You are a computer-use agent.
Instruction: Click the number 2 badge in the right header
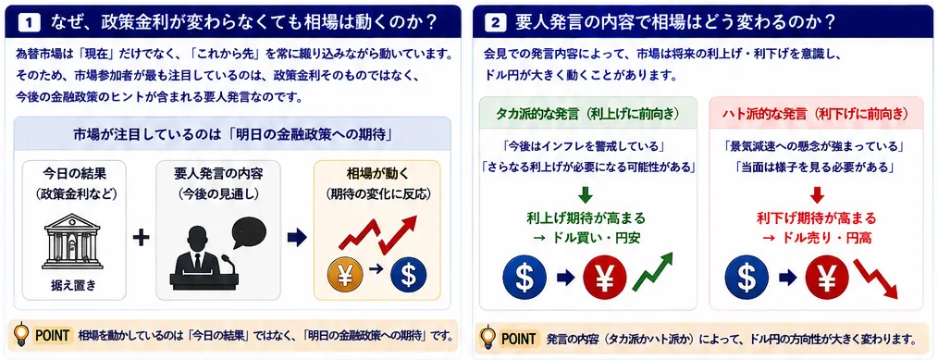point(495,23)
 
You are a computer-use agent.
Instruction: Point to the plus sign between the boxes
point(141,238)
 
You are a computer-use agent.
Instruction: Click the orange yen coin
point(344,275)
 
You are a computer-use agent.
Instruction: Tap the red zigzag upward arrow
point(377,234)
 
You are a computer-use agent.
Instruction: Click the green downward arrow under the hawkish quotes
point(586,195)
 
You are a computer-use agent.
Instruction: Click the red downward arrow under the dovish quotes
point(817,195)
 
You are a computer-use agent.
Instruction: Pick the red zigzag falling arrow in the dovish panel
point(876,279)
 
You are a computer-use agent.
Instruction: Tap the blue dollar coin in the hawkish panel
point(525,277)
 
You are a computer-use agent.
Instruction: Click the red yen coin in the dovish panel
point(827,277)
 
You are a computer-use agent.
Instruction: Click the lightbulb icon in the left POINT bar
point(21,334)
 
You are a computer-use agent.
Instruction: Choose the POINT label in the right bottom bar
point(518,339)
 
